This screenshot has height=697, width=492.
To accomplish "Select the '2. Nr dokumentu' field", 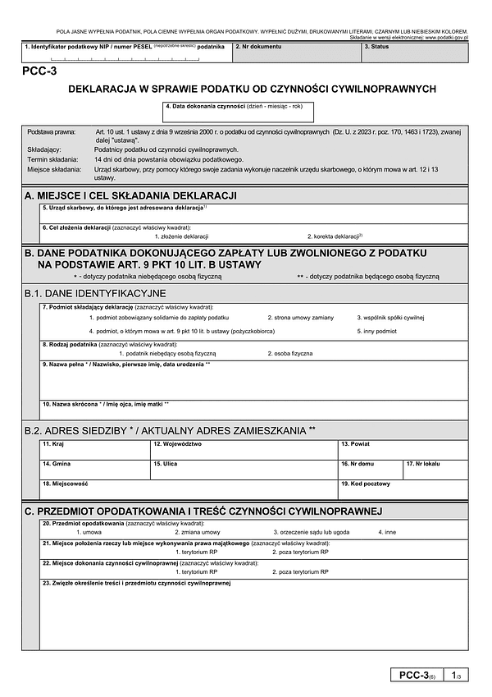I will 296,53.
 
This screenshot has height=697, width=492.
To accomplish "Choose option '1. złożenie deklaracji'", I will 181,236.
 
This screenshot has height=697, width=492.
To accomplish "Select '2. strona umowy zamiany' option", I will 300,317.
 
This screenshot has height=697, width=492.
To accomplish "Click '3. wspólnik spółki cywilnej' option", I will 389,317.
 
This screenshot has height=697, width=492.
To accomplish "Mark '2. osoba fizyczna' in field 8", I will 289,353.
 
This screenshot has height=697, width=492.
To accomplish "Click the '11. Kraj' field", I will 94,451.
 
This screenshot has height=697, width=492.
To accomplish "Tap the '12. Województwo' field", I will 244,451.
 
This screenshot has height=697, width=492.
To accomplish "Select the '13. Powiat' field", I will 403,451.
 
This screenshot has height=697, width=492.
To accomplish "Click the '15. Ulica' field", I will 244,470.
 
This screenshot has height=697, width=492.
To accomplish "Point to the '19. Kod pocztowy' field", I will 403,490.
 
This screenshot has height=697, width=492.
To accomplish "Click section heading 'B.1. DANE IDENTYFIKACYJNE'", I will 95,293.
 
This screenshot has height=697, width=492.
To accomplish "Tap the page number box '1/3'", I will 457,675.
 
